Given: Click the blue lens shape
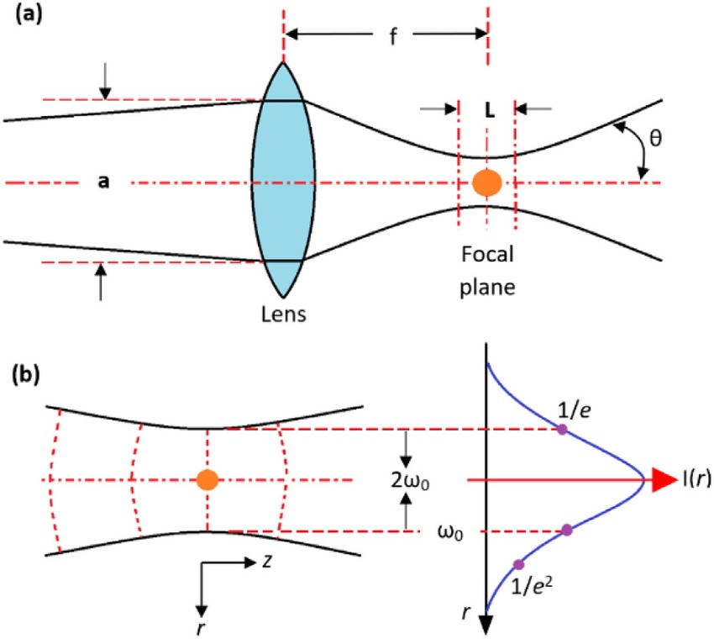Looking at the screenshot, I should pyautogui.click(x=283, y=181).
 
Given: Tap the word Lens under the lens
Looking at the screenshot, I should pyautogui.click(x=283, y=315).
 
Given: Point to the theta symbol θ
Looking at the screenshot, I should pyautogui.click(x=654, y=136).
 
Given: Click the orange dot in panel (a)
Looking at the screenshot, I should pyautogui.click(x=486, y=182).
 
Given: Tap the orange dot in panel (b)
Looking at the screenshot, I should pyautogui.click(x=207, y=480).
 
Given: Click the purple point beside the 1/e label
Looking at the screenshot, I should pyautogui.click(x=562, y=430).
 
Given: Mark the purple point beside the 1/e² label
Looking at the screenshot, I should pyautogui.click(x=517, y=564).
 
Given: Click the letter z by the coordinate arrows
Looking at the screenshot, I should pyautogui.click(x=265, y=563).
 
